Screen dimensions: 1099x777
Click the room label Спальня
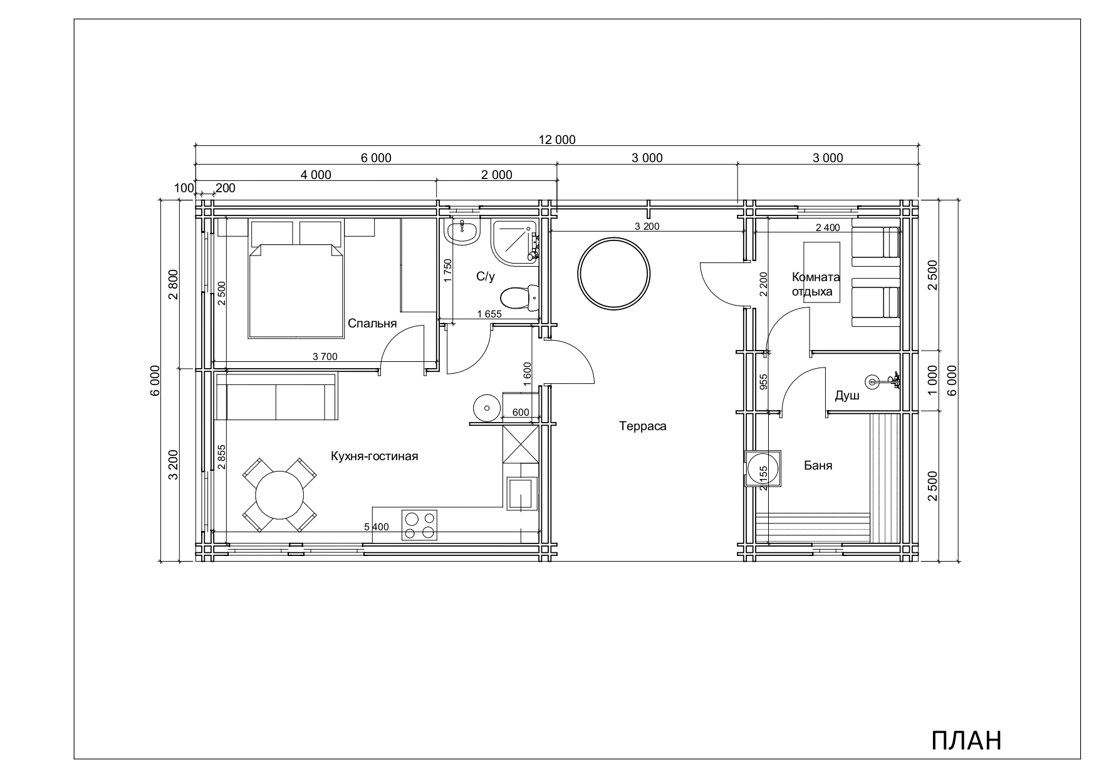pos(372,324)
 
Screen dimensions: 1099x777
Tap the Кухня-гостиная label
pos(374,456)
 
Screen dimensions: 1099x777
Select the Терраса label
pos(643,426)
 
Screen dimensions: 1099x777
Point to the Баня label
pos(818,465)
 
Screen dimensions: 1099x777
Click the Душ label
pos(846,396)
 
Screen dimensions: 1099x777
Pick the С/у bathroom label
pos(485,277)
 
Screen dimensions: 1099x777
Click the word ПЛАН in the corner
pos(967,740)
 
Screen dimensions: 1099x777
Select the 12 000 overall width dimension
pos(557,140)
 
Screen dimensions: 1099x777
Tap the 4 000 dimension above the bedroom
pos(316,175)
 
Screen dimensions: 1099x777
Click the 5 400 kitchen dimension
pos(376,527)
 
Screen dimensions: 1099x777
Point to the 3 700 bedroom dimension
pos(325,357)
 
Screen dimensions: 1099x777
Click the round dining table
pos(279,494)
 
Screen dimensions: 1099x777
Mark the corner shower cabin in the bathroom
pos(514,243)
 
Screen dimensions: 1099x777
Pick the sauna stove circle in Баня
pos(762,468)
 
